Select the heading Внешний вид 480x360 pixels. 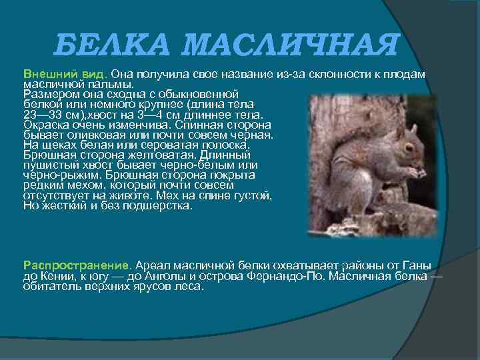65,73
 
